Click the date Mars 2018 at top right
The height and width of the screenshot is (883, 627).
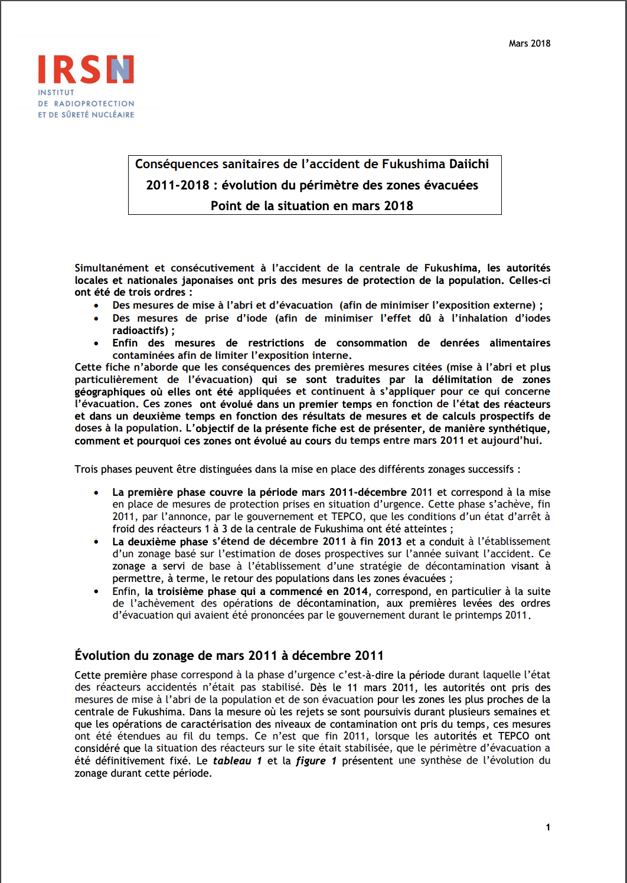coord(529,43)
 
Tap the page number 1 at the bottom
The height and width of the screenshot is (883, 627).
coord(548,827)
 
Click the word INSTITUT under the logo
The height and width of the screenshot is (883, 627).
coord(56,93)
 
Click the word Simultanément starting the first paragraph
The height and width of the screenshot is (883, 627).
coord(112,268)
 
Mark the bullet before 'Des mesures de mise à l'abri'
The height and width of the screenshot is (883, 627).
coord(96,306)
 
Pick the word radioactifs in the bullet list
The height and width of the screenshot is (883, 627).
coord(140,331)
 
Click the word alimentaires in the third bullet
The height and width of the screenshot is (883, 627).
coord(520,343)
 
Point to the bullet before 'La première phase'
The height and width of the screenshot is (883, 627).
coord(96,493)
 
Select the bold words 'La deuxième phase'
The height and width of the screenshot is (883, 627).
coord(160,542)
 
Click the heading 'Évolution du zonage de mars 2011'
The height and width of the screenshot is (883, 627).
coord(229,655)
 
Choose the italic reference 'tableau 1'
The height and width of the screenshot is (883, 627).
coord(237,761)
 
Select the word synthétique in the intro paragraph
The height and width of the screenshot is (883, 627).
coord(519,429)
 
